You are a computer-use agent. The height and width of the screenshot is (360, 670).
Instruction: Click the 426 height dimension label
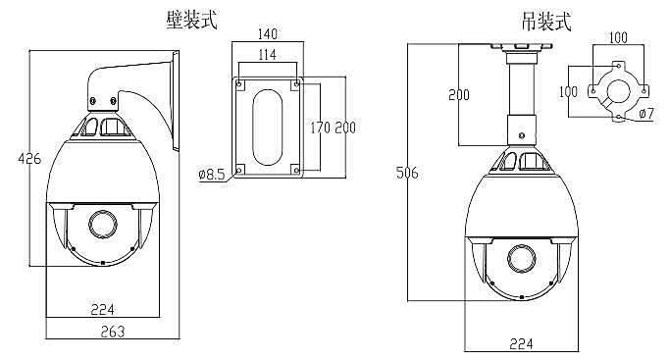pyautogui.click(x=29, y=159)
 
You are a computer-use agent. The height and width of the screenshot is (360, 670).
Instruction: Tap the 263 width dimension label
pyautogui.click(x=113, y=332)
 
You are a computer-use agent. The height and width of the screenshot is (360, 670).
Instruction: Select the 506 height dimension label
pyautogui.click(x=407, y=173)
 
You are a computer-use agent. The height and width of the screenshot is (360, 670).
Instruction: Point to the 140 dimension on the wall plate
pyautogui.click(x=268, y=33)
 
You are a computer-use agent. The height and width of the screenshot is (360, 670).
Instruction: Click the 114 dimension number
pyautogui.click(x=268, y=55)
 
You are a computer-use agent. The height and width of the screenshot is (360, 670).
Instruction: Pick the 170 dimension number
pyautogui.click(x=321, y=128)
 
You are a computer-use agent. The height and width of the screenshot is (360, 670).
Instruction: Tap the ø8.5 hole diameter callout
pyautogui.click(x=212, y=175)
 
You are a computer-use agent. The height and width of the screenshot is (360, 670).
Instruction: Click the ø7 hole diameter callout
pyautogui.click(x=646, y=114)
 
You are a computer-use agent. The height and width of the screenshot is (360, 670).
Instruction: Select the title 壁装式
pyautogui.click(x=192, y=20)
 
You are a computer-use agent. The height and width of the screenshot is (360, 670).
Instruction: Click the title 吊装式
pyautogui.click(x=546, y=22)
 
